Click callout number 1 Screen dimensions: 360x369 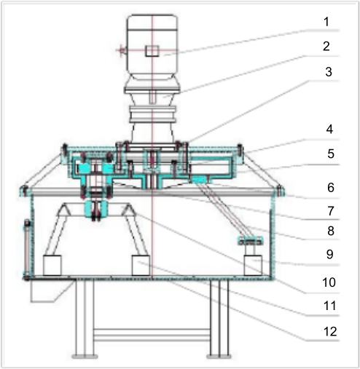[x=326, y=22]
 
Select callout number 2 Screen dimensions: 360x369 [x=326, y=46]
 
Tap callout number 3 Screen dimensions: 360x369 [x=329, y=72]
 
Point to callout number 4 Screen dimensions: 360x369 [x=329, y=130]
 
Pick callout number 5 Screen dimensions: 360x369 [x=331, y=154]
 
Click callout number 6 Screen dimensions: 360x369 [x=331, y=188]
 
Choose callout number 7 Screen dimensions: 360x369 [x=331, y=211]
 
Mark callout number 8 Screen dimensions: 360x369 [x=331, y=231]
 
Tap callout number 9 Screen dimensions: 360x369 [x=329, y=254]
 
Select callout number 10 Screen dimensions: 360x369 [x=329, y=282]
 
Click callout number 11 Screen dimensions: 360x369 [x=329, y=306]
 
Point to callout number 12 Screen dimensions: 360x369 [x=330, y=331]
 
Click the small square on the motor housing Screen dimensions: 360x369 [x=152, y=51]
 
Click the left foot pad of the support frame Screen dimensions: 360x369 [x=85, y=357]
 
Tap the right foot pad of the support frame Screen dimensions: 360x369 [x=219, y=357]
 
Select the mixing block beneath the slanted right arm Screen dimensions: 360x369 [x=253, y=265]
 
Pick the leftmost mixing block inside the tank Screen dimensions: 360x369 [x=52, y=265]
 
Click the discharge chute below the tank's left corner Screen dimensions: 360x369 [x=52, y=290]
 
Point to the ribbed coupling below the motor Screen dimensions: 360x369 [x=152, y=114]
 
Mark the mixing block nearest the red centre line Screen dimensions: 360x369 [x=141, y=265]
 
